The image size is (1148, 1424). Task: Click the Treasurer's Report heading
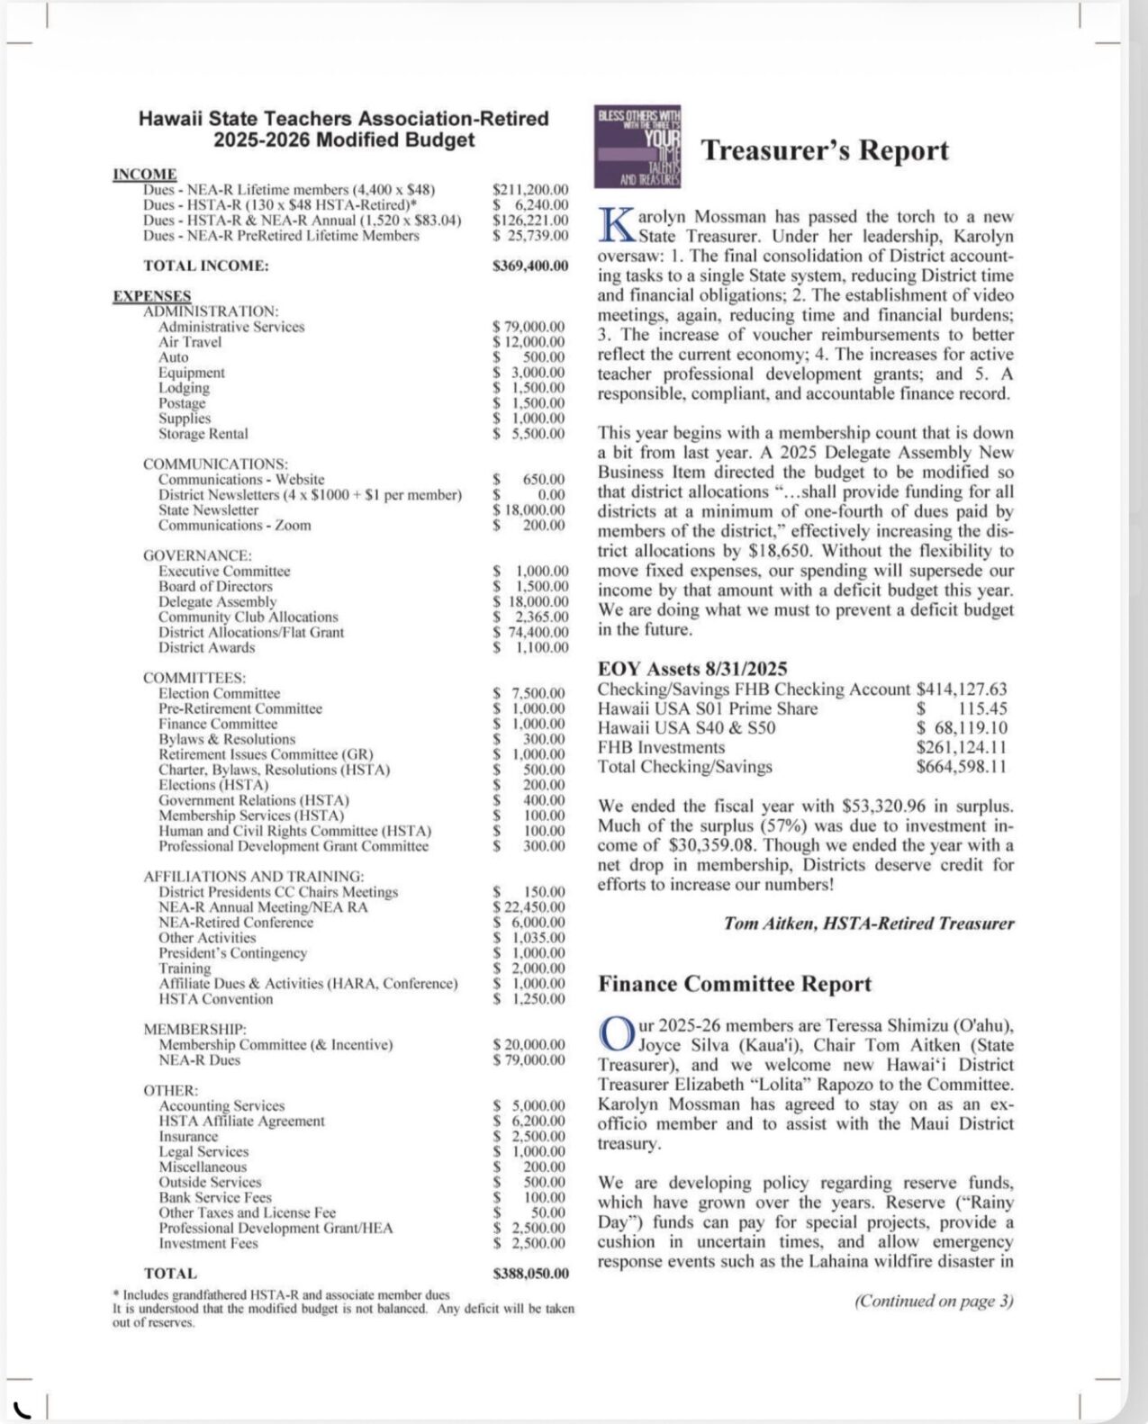coord(824,150)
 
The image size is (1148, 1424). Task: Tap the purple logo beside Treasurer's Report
coord(638,147)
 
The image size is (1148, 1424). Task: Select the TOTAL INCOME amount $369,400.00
coord(530,266)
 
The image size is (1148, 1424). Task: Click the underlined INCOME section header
coord(145,174)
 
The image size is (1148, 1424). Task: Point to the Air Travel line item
coord(190,342)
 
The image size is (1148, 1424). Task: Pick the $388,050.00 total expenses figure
coord(530,1274)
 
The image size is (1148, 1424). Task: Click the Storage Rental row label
coord(203,434)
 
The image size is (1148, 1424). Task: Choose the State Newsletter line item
coord(208,510)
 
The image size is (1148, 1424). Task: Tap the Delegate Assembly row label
coord(217,602)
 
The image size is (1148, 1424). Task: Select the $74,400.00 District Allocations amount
coord(530,633)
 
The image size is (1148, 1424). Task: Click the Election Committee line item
coord(219,694)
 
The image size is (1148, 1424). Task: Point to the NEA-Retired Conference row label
coord(236,923)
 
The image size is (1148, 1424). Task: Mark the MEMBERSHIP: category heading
coord(194,1029)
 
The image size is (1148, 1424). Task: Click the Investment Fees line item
coord(208,1244)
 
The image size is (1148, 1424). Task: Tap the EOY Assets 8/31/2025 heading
coord(692,669)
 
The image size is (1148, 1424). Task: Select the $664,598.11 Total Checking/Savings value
coord(962,768)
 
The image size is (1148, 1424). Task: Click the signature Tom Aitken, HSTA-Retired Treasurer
coord(868,924)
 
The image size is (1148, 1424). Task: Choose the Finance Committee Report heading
coord(735,984)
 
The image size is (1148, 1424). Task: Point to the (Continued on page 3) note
coord(934,1301)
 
